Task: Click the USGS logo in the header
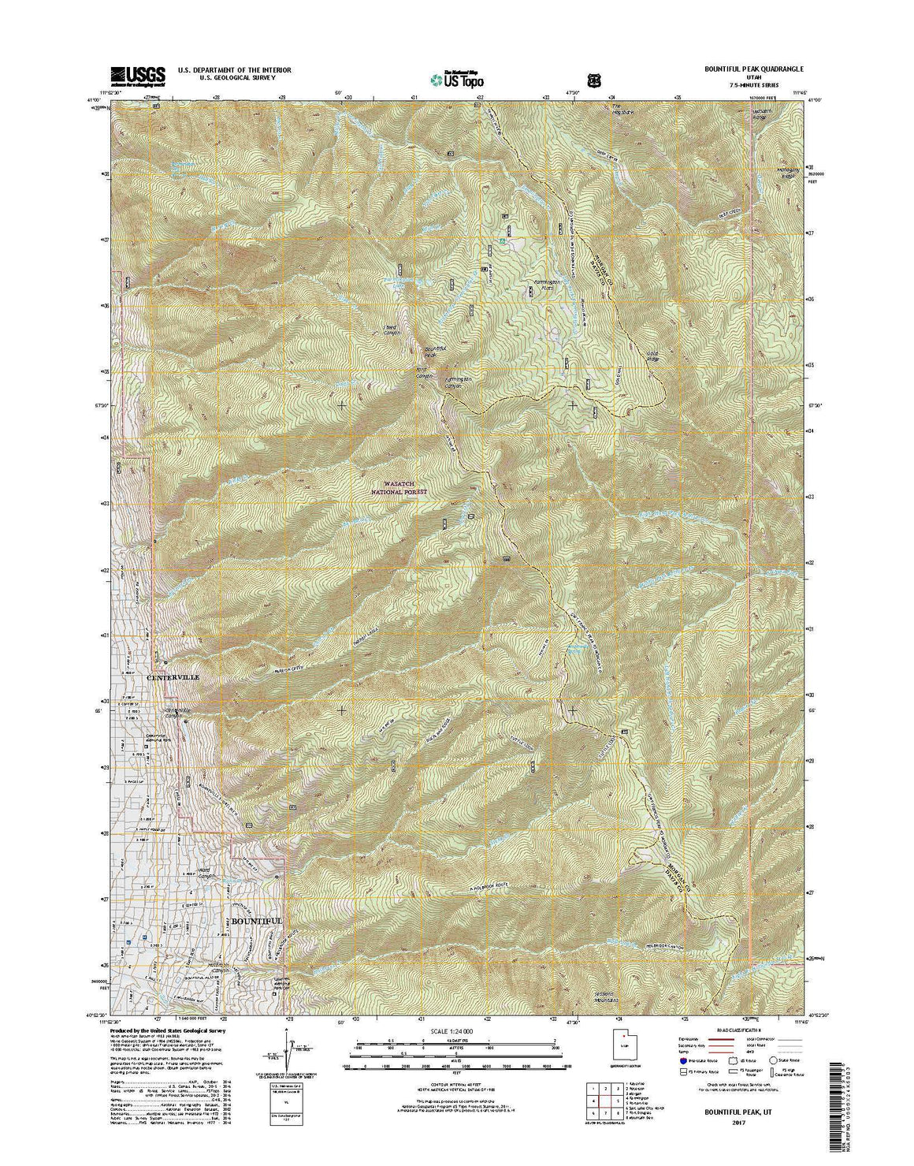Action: coord(138,75)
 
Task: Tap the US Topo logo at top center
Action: coord(457,79)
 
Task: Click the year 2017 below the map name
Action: coord(738,1122)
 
